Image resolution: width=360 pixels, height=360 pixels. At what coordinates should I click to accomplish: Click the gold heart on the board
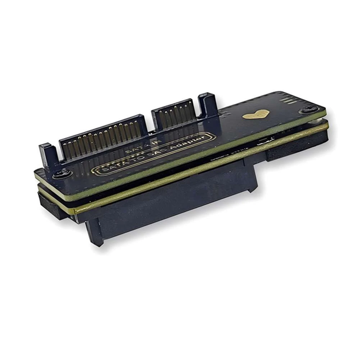[x=256, y=115]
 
